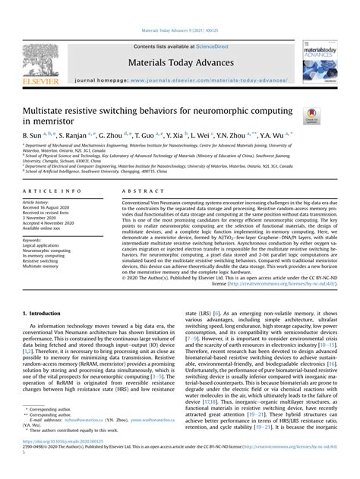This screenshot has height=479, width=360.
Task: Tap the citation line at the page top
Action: (179, 31)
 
